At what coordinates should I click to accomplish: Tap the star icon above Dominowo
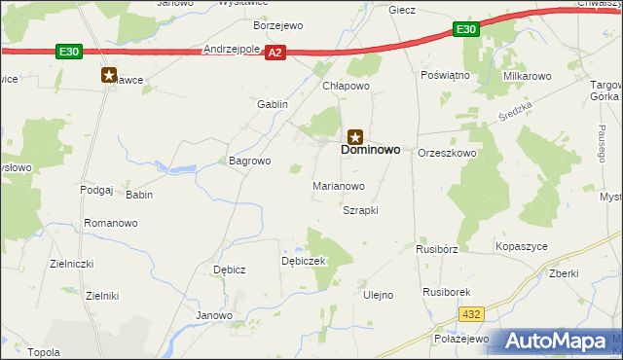(x=356, y=136)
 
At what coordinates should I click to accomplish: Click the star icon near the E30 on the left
(x=109, y=74)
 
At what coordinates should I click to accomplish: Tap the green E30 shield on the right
(x=466, y=30)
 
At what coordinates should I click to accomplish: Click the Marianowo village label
(x=338, y=185)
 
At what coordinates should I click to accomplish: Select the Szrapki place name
(x=359, y=210)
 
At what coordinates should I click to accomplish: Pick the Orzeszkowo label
(x=446, y=154)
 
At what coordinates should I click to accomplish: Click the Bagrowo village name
(x=248, y=161)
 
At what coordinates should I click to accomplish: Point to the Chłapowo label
(x=347, y=86)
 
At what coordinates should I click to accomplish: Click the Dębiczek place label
(x=303, y=261)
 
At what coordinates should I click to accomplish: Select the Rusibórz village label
(x=436, y=248)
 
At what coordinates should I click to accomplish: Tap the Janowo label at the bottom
(x=214, y=315)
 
